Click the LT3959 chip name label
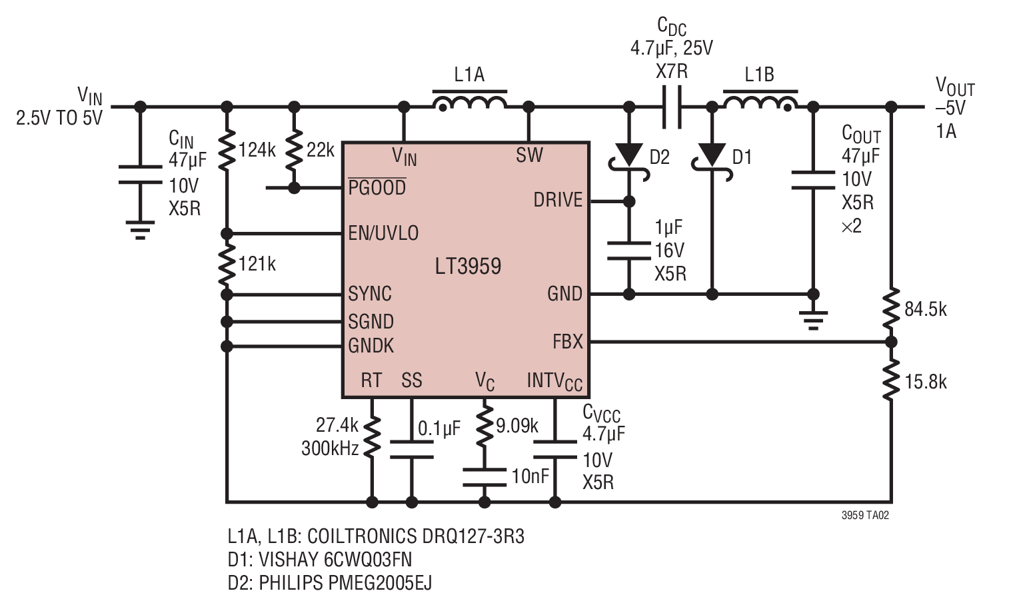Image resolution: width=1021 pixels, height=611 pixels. pos(468,266)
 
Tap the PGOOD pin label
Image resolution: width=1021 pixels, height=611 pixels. pos(377,187)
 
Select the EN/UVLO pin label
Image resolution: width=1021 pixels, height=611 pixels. pos(383,233)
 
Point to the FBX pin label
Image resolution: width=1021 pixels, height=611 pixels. pos(567,342)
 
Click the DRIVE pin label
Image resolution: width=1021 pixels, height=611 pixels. pos(558,200)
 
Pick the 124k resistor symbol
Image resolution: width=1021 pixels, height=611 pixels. pos(227,150)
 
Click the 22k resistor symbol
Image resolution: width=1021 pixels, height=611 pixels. pos(295,149)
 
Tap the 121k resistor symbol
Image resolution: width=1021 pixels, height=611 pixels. pos(227,265)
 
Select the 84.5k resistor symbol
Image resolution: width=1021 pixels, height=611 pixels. pos(891,309)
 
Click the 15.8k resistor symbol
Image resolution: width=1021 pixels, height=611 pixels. pos(891,380)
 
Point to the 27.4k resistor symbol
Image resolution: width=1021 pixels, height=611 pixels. pos(372,435)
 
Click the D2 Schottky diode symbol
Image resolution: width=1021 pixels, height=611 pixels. pos(629,162)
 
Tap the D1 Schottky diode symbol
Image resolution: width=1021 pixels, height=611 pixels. pos(712,162)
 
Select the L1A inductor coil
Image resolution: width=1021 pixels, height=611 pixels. pos(469,102)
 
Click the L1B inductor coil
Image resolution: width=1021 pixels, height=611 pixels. pos(760,102)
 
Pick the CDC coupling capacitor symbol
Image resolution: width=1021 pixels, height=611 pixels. pos(672,107)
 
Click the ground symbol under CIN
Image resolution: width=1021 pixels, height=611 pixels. pos(140,230)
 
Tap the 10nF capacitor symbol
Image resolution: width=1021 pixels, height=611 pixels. pos(485,476)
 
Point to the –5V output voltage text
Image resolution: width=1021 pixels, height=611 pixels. pos(950,108)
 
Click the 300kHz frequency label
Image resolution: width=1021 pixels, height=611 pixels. pos(330,449)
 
